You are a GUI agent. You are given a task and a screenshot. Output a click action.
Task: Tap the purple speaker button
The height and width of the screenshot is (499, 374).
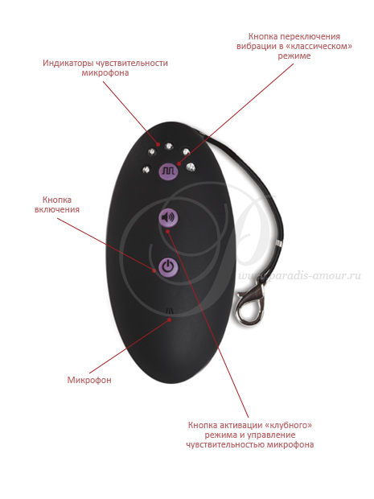click(168, 217)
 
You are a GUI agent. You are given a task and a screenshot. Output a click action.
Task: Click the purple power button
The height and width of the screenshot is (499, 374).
click(168, 266)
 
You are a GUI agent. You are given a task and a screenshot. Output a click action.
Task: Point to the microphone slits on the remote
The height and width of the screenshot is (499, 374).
click(171, 311)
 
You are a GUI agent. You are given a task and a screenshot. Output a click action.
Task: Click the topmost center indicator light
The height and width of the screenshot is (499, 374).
click(169, 146)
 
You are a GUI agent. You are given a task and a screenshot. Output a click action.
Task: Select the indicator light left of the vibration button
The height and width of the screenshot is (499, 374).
click(146, 169)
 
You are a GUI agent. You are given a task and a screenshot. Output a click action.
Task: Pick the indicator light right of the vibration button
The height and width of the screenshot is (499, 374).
click(191, 167)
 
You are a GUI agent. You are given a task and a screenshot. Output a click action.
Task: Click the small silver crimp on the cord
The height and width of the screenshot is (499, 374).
click(278, 243)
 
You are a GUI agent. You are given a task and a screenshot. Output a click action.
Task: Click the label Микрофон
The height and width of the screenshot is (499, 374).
click(89, 380)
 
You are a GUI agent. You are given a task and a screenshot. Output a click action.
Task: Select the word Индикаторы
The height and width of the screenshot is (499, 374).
click(68, 63)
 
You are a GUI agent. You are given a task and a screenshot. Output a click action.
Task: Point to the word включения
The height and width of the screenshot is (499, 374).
click(57, 210)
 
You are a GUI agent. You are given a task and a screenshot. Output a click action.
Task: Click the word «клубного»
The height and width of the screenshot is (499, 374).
click(288, 425)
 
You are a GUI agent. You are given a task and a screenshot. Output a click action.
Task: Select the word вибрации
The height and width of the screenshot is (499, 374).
click(257, 47)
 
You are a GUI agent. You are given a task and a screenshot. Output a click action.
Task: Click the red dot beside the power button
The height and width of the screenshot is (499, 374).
click(154, 271)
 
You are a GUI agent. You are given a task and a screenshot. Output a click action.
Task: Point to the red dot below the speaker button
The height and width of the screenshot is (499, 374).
click(169, 231)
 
